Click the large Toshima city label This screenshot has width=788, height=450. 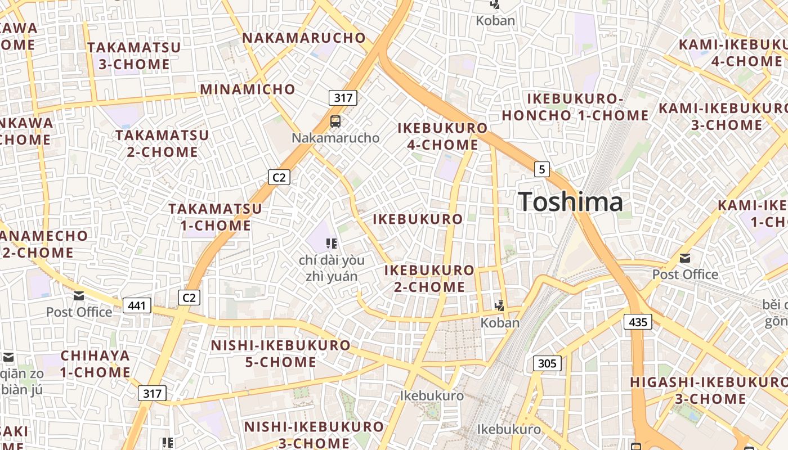pos(570,201)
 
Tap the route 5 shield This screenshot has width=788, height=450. pos(541,169)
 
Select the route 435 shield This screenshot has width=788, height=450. pos(638,322)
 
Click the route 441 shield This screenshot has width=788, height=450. pos(137,306)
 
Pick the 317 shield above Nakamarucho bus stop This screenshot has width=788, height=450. pos(343,98)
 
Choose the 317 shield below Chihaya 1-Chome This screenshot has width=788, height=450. pos(152,393)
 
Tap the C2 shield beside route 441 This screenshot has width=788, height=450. pos(189,297)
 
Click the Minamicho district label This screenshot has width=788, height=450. pos(248,89)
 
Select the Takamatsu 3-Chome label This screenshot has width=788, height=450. pos(135,56)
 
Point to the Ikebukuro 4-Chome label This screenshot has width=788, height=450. pos(442,136)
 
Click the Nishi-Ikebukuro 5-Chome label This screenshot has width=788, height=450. pos(280,353)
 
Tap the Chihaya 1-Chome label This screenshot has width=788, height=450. pos(95,363)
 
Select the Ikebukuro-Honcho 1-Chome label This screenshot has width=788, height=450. pos(575,107)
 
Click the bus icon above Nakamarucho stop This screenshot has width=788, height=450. pos(335,121)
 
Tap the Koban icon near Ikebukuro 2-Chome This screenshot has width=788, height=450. pos(499,305)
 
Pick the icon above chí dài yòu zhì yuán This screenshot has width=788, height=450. pos(332,244)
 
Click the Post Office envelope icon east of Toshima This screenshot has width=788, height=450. pos(685,258)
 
